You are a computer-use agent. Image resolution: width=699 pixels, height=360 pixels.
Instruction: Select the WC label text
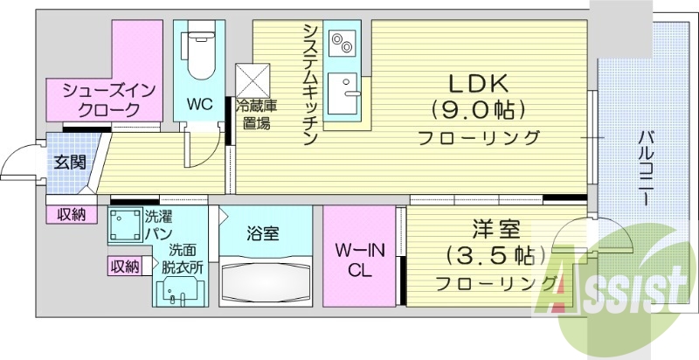tap(200, 104)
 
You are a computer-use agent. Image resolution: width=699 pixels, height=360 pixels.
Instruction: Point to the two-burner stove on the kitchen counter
tap(340, 40)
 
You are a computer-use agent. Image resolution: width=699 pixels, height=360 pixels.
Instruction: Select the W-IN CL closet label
tap(361, 260)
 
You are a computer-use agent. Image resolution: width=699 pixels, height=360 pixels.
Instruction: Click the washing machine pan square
tap(125, 225)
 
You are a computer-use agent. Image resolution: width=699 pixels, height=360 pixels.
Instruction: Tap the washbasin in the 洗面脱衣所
tap(181, 294)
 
